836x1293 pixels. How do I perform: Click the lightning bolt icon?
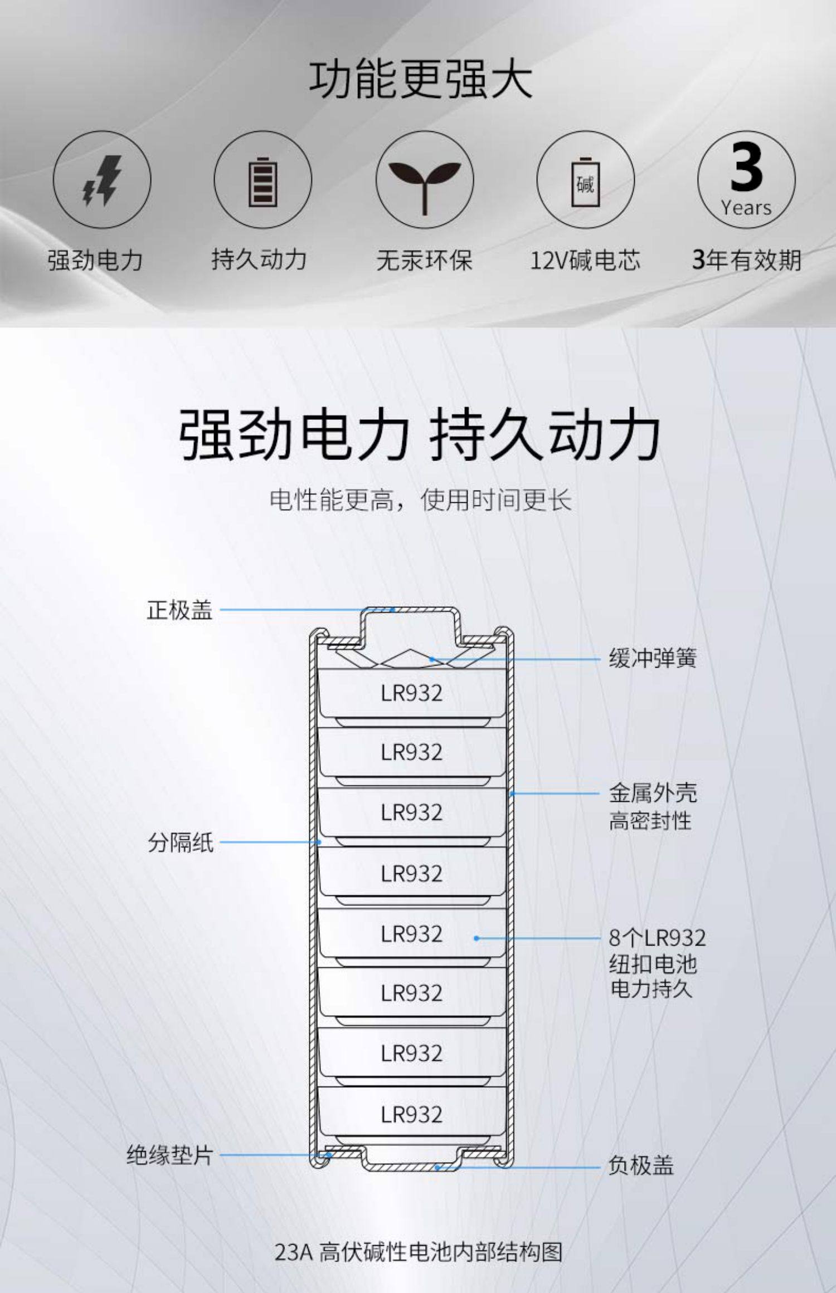[102, 180]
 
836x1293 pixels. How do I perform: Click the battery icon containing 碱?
[585, 182]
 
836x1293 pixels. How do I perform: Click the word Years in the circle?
[746, 208]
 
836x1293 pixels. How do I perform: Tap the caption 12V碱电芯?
[585, 260]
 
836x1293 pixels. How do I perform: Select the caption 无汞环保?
[424, 260]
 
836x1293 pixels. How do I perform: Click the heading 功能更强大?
[421, 80]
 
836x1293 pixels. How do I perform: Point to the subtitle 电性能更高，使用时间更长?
[421, 499]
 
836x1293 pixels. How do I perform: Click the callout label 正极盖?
[179, 610]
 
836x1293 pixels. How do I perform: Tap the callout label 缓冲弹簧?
[652, 658]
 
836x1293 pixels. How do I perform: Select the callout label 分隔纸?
[181, 842]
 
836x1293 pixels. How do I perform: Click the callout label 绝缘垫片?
[169, 1155]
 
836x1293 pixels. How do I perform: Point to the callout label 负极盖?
[640, 1164]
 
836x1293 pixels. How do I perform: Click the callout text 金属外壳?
[652, 792]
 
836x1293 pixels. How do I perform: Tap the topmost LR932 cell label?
[411, 693]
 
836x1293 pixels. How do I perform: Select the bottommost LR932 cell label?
[411, 1114]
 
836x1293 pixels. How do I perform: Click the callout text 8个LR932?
[657, 938]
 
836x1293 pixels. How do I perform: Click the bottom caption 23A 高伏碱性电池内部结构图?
[419, 1252]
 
